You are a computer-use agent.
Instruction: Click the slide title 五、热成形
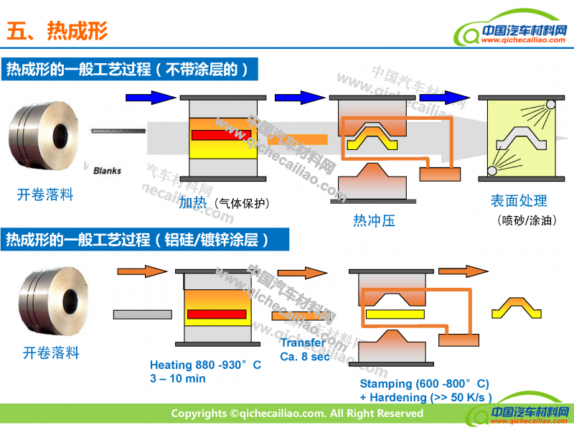[57, 31]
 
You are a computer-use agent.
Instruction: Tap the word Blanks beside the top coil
[107, 171]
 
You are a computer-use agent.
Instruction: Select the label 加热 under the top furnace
[192, 202]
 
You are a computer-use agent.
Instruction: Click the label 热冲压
[374, 220]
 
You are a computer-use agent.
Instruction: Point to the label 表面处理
[519, 201]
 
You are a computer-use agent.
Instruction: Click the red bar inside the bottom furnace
[216, 314]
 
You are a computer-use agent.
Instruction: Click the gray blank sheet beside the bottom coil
[142, 314]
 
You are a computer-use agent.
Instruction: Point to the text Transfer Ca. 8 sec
[303, 350]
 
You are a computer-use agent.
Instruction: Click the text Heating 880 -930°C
[205, 365]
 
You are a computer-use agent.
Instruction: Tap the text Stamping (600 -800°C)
[424, 384]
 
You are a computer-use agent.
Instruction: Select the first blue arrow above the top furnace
[150, 97]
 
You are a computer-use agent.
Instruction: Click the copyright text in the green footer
[296, 413]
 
